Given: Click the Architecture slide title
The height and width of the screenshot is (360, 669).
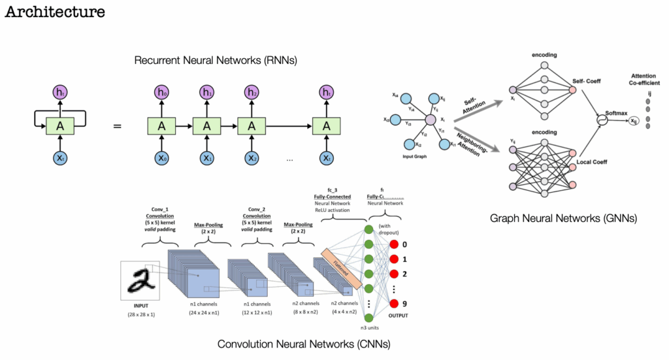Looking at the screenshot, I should (55, 12).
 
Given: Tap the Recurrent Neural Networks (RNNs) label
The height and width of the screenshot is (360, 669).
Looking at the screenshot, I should (216, 61).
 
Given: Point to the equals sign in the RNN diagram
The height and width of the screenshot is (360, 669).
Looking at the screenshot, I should (118, 123).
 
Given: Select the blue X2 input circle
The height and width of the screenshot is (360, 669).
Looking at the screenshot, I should (251, 157).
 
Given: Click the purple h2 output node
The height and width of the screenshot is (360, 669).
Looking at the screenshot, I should (251, 93).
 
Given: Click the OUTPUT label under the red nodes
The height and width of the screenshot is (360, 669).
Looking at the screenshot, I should (398, 316).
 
